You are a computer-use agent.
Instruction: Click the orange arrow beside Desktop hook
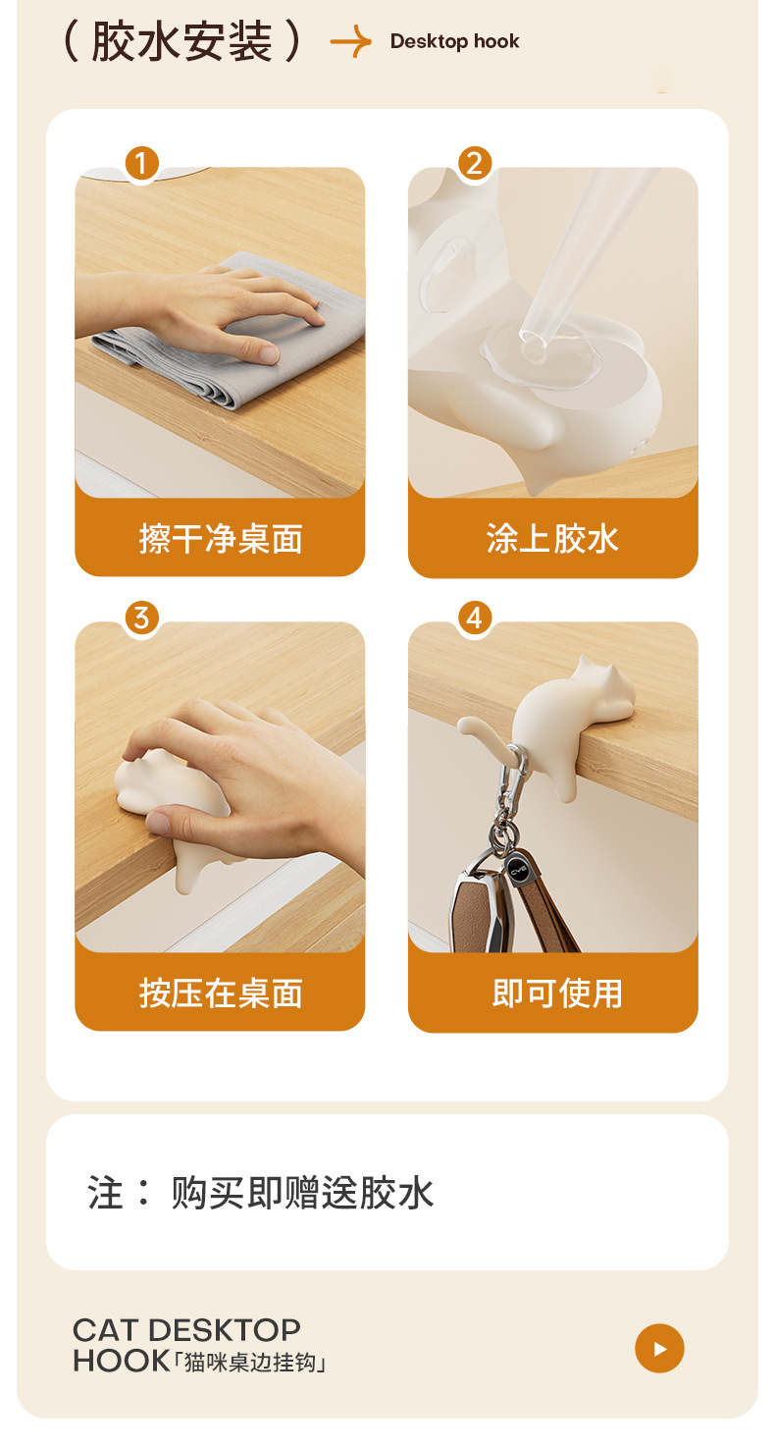pyautogui.click(x=350, y=42)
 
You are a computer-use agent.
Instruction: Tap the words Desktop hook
pyautogui.click(x=454, y=42)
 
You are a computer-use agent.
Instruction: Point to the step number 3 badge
pyautogui.click(x=142, y=617)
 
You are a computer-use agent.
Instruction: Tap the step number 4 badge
pyautogui.click(x=475, y=617)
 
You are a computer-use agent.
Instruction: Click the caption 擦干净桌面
pyautogui.click(x=221, y=539)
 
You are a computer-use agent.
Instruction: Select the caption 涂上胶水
pyautogui.click(x=552, y=539)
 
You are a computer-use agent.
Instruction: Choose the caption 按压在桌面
pyautogui.click(x=221, y=993)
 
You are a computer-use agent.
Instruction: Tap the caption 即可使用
pyautogui.click(x=557, y=993)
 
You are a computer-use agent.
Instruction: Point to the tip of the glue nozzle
pyautogui.click(x=532, y=337)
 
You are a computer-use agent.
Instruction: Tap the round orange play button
pyautogui.click(x=659, y=1348)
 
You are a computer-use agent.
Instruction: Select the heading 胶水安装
pyautogui.click(x=182, y=41)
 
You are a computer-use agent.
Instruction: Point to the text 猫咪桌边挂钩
pyautogui.click(x=249, y=1363)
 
